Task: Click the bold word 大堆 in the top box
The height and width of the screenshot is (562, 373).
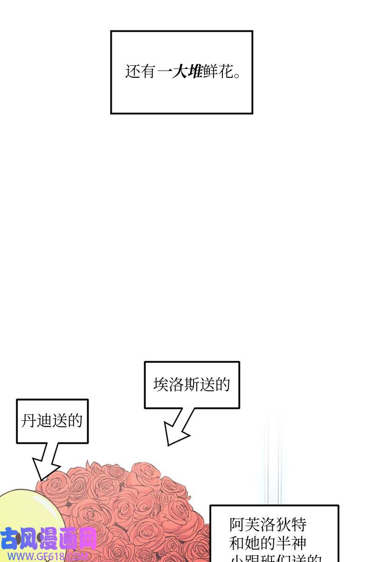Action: [x=187, y=72]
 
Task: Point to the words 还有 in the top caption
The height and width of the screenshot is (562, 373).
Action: [x=140, y=72]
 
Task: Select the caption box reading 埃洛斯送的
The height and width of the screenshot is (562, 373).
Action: [x=192, y=385]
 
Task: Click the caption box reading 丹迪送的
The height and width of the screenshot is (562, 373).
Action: [x=52, y=421]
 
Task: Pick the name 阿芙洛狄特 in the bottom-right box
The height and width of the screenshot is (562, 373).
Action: [x=268, y=525]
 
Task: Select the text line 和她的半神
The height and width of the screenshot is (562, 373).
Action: [x=268, y=543]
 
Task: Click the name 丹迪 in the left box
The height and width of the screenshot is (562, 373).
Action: [x=37, y=421]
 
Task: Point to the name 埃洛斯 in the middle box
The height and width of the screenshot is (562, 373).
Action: [x=176, y=385]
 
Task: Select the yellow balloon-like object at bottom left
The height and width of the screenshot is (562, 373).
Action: [x=28, y=513]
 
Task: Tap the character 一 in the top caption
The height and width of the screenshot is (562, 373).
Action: [x=164, y=72]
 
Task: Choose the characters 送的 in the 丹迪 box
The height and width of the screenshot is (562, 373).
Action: [x=68, y=421]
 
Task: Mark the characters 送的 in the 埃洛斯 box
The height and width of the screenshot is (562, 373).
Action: [x=215, y=385]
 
